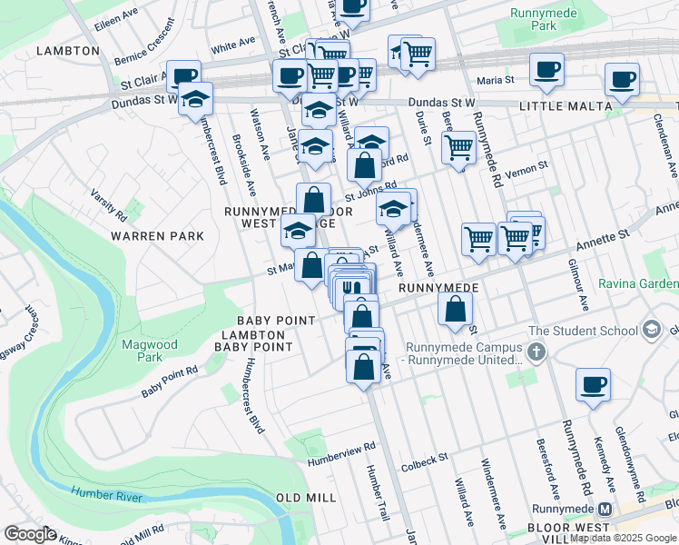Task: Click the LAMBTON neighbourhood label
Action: [x=68, y=51]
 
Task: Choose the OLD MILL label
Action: [x=306, y=498]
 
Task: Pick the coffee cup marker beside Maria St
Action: [x=546, y=71]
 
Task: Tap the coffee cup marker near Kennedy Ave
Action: [x=593, y=384]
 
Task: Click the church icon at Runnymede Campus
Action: [x=536, y=351]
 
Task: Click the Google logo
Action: [x=30, y=533]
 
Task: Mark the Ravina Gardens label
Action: [x=647, y=282]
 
